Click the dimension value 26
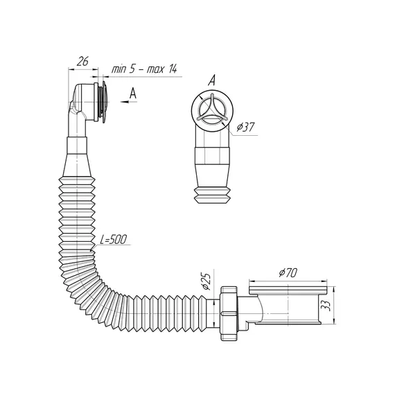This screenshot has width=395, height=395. pyautogui.click(x=82, y=61)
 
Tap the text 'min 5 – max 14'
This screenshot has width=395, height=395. pyautogui.click(x=144, y=69)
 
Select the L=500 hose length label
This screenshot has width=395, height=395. pyautogui.click(x=113, y=240)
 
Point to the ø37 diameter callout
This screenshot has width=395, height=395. pyautogui.click(x=245, y=128)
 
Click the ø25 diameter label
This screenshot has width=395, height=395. pyautogui.click(x=206, y=281)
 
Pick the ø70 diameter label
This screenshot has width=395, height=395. pyautogui.click(x=288, y=272)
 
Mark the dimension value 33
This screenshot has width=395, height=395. pyautogui.click(x=326, y=306)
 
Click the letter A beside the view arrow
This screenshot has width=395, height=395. pyautogui.click(x=133, y=94)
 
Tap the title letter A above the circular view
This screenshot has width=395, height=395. pyautogui.click(x=212, y=80)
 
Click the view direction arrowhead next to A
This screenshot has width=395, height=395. pyautogui.click(x=125, y=102)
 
